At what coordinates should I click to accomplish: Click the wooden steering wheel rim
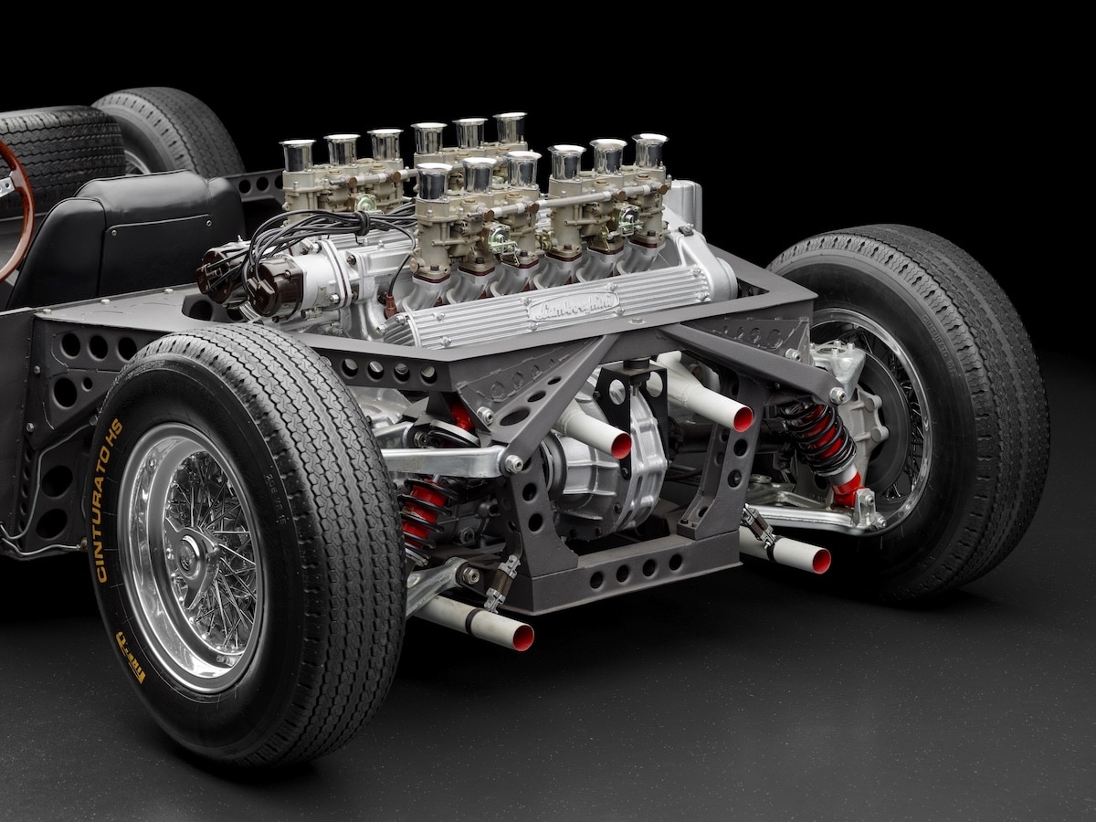(x=22, y=210)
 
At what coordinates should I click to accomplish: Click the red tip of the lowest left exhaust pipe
(x=522, y=638)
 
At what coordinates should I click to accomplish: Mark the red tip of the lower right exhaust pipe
(x=820, y=560)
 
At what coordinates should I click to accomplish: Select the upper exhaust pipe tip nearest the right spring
(x=743, y=418)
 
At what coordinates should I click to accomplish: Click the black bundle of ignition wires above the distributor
(x=301, y=226)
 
